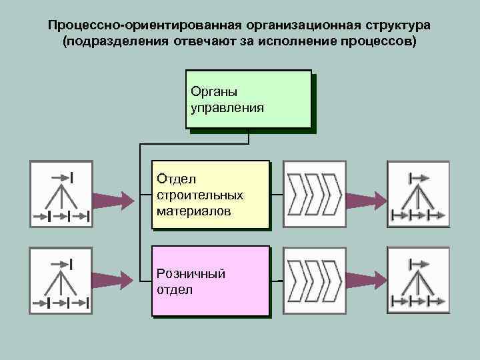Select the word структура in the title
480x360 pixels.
tap(397, 25)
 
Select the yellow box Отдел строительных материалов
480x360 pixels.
tap(211, 195)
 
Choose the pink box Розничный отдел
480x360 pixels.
tap(211, 281)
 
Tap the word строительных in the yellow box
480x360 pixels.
tap(200, 195)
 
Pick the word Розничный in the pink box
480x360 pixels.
tap(191, 273)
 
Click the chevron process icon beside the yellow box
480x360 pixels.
tap(313, 194)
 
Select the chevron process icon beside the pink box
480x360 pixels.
tap(313, 279)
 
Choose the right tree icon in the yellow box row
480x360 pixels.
tap(418, 194)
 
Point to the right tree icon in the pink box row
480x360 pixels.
tap(418, 279)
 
